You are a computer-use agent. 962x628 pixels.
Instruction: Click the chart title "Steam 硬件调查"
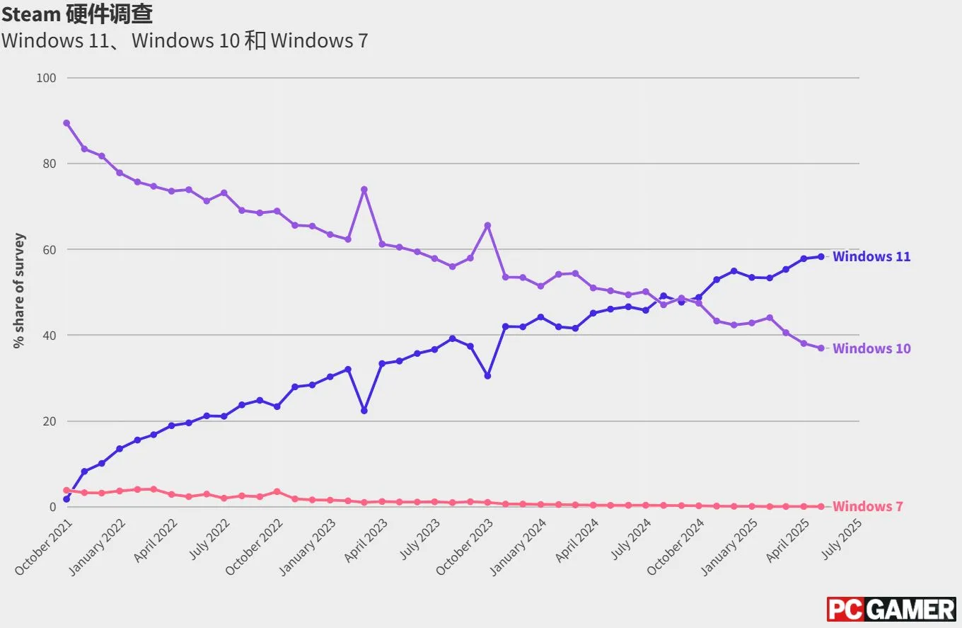click(x=76, y=13)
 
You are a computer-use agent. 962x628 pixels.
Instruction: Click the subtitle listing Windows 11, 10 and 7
click(x=185, y=40)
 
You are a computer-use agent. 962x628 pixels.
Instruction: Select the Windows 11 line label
click(x=871, y=256)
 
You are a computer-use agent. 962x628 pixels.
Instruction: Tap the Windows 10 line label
click(x=871, y=348)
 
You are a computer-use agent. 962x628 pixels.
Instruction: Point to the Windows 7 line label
click(x=867, y=506)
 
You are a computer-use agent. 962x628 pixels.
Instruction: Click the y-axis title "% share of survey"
click(x=19, y=291)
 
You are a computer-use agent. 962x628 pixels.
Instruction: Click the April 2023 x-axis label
click(x=366, y=541)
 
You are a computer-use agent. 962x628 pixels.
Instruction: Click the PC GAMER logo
click(x=891, y=609)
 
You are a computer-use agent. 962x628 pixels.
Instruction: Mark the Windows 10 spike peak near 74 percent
click(x=364, y=190)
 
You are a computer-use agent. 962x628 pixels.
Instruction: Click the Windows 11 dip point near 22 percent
click(x=364, y=411)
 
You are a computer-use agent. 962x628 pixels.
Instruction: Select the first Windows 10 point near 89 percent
click(x=66, y=123)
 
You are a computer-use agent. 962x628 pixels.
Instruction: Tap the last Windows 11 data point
click(x=821, y=256)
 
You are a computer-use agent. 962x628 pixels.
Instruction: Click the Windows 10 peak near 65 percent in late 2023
click(x=487, y=225)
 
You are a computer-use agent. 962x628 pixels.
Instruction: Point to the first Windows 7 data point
click(x=66, y=490)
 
